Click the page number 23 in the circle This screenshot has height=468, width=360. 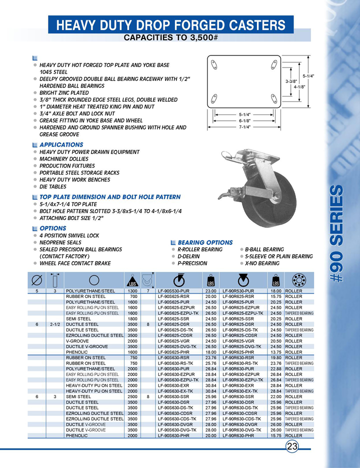[x=292, y=446]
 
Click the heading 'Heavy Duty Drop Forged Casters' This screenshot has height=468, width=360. [x=170, y=25]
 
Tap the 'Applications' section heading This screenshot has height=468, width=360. [x=61, y=144]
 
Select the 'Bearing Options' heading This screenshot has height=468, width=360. [x=205, y=242]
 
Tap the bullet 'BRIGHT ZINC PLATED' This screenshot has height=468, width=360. [x=64, y=92]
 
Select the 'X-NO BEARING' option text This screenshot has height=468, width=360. [x=262, y=263]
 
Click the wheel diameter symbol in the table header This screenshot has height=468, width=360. [x=36, y=280]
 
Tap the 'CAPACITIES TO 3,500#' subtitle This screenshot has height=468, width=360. [x=170, y=37]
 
